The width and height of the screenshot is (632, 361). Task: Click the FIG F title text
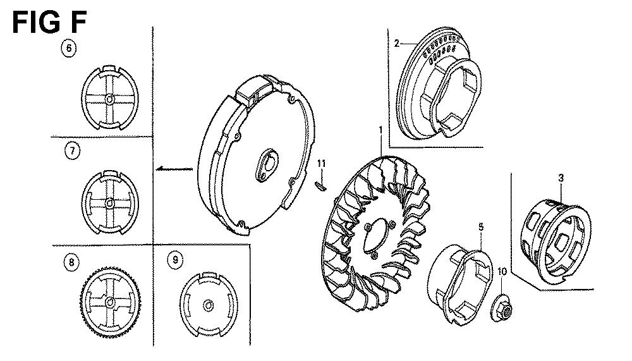coord(49,23)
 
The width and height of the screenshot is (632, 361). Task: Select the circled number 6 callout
coord(68,48)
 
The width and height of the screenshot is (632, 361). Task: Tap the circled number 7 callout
coord(72,151)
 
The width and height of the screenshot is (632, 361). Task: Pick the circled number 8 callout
coord(71,262)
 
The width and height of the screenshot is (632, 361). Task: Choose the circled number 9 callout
coord(174,260)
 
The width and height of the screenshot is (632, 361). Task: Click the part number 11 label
coord(321,163)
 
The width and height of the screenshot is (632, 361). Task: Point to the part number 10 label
coord(502,271)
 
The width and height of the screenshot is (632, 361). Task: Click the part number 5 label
coord(481,228)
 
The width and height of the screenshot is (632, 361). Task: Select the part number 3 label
coord(561,178)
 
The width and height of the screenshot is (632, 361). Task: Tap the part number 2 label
coord(397,43)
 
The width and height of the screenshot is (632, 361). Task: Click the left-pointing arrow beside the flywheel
coord(174,169)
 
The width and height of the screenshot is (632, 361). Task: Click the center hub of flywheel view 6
coord(109,99)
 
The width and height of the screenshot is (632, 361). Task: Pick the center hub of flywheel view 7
coord(109,203)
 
